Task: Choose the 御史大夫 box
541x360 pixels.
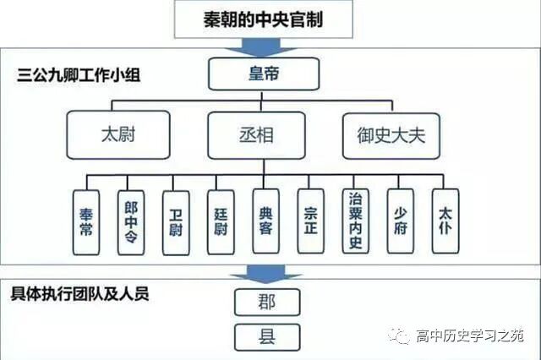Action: point(391,135)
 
